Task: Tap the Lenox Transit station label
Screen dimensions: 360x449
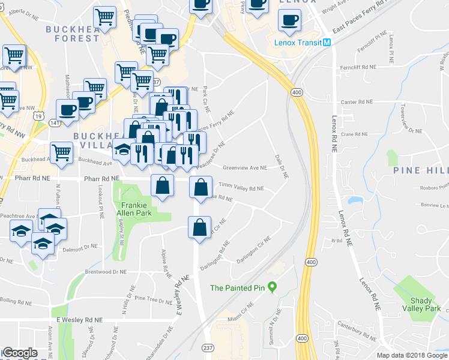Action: click(298, 43)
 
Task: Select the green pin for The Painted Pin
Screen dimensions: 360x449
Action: click(271, 287)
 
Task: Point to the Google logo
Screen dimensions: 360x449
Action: click(20, 353)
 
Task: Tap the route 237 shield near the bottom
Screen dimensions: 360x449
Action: click(207, 349)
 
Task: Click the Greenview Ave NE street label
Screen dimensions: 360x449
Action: click(245, 168)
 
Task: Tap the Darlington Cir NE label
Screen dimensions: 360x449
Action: click(255, 247)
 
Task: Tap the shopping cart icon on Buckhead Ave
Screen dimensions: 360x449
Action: click(62, 152)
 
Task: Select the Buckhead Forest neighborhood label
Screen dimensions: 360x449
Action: click(73, 33)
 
